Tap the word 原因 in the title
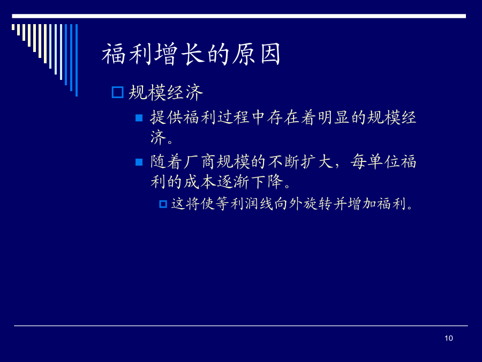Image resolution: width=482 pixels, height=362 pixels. pyautogui.click(x=256, y=54)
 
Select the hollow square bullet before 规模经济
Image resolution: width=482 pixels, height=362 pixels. pyautogui.click(x=117, y=92)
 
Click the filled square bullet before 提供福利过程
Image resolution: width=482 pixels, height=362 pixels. pyautogui.click(x=139, y=118)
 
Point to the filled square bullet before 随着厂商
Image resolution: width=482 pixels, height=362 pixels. pyautogui.click(x=139, y=162)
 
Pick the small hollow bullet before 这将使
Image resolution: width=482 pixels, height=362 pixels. pyautogui.click(x=163, y=204)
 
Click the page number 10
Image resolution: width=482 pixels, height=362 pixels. pyautogui.click(x=448, y=338)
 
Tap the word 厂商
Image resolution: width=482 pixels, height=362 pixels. pyautogui.click(x=200, y=161)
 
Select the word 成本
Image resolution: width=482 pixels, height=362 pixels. pyautogui.click(x=200, y=182)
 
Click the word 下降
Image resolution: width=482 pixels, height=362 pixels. pyautogui.click(x=267, y=182)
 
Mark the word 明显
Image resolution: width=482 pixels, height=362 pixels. pyautogui.click(x=334, y=117)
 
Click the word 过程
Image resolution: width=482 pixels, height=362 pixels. pyautogui.click(x=234, y=117)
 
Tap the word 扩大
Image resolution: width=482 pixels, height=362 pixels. pyautogui.click(x=317, y=161)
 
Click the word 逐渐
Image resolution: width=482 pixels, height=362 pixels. pyautogui.click(x=234, y=182)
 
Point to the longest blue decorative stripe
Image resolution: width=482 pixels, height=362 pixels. pyautogui.click(x=77, y=60)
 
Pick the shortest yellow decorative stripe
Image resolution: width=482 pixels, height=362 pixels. pyautogui.click(x=13, y=27)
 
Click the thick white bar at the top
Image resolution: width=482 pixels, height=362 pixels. pyautogui.click(x=239, y=16)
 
